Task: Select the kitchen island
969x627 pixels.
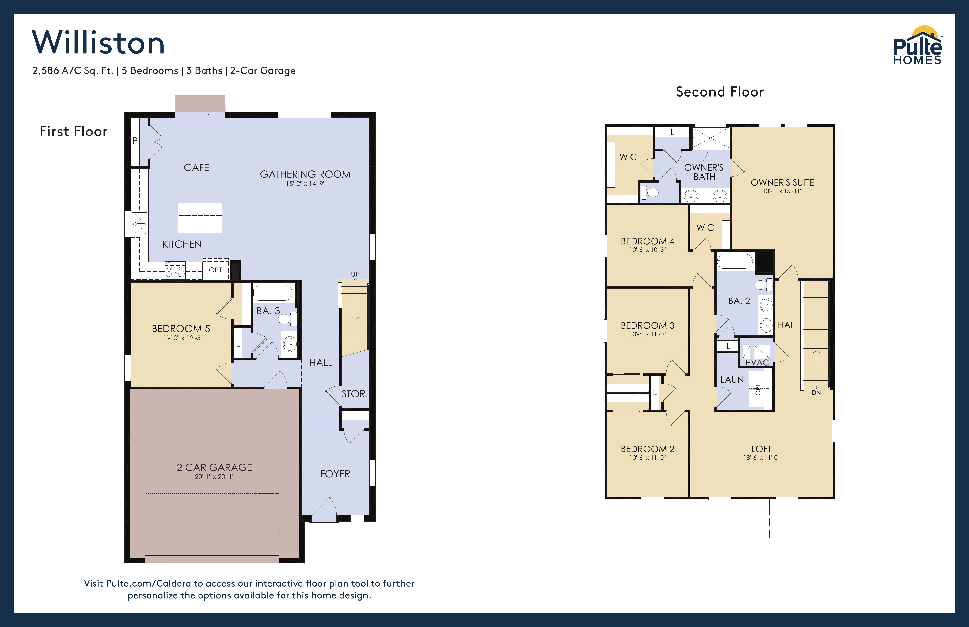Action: [200, 218]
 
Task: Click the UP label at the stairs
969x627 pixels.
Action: [355, 274]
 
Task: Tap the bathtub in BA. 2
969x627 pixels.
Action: [735, 261]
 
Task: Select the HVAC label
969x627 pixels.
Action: [757, 362]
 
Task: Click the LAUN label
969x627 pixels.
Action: [732, 379]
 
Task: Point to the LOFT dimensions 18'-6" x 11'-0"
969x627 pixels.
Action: [761, 458]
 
